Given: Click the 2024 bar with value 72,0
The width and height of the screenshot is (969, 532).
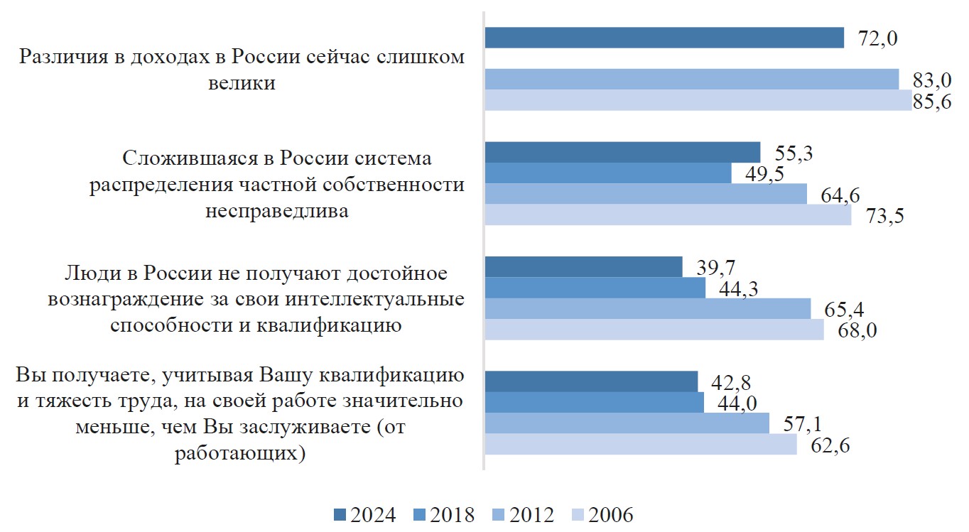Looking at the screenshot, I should tap(664, 38).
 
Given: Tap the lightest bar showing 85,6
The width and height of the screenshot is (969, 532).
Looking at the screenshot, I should tap(698, 100).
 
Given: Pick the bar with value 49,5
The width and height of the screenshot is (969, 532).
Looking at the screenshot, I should tap(607, 173).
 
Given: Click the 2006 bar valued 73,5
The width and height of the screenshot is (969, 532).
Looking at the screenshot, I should tap(668, 215).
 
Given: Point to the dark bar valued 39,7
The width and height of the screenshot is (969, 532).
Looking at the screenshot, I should tap(583, 266).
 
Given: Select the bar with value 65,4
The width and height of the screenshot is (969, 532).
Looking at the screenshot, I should tap(647, 308).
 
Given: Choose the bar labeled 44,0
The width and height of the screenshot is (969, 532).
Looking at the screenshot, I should tap(594, 402).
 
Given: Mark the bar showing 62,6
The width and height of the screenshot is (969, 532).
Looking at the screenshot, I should tap(640, 444).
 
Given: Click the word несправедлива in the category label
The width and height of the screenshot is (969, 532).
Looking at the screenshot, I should tap(277, 211).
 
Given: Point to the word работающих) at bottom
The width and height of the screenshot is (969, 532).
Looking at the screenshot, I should tap(240, 453).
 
